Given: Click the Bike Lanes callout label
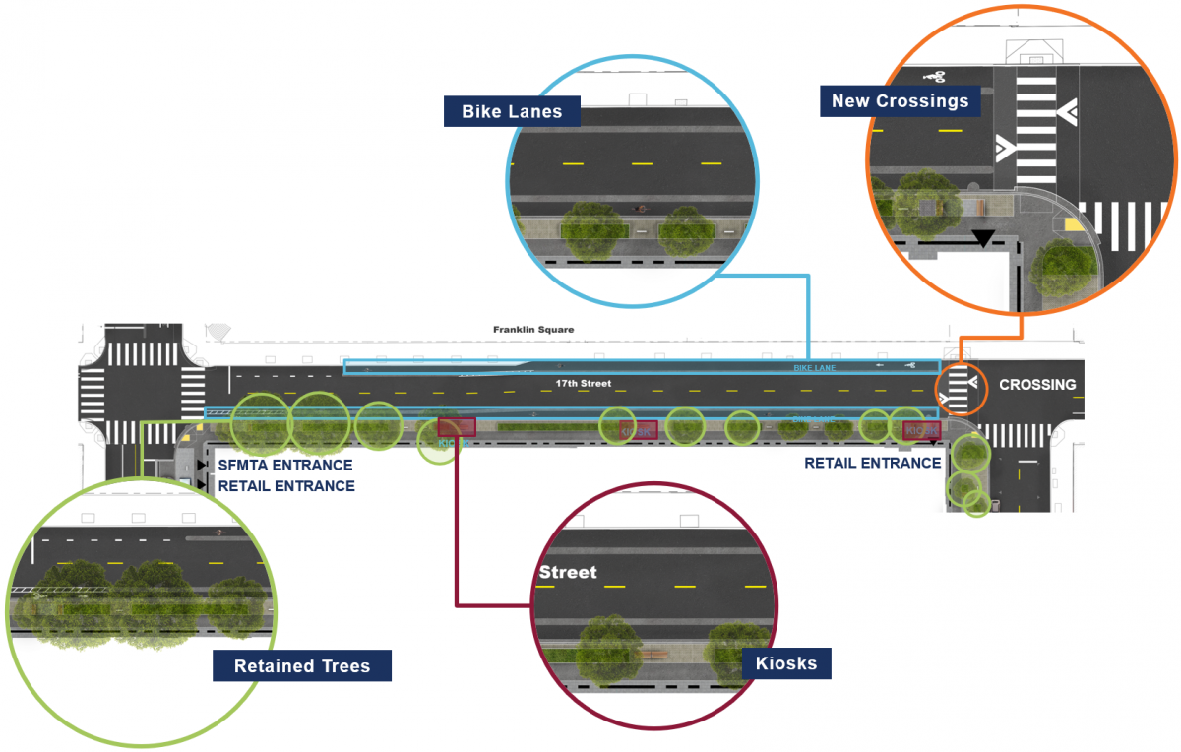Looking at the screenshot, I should pos(512,111).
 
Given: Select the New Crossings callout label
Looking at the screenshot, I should pos(900,100).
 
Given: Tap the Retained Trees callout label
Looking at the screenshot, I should pos(302,666).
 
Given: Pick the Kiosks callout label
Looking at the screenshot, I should pos(786,663).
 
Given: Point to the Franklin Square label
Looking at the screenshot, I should pos(533,330).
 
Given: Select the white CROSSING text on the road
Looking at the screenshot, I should pos(1037,385).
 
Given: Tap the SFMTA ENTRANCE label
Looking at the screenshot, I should pos(285,466).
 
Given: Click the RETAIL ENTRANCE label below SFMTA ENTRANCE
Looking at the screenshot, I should pos(285,486).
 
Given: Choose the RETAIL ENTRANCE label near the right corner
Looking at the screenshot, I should pos(872,463).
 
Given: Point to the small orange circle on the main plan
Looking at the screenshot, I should pos(960,387).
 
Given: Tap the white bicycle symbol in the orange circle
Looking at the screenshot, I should pos(935,76).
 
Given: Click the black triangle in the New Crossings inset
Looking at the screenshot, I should pos(981,237).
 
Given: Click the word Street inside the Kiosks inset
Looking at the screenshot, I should pos(568,572).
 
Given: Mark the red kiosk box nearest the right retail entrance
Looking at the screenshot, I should pos(921,430).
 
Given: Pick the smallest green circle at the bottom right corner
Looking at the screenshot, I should pos(976,504).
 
